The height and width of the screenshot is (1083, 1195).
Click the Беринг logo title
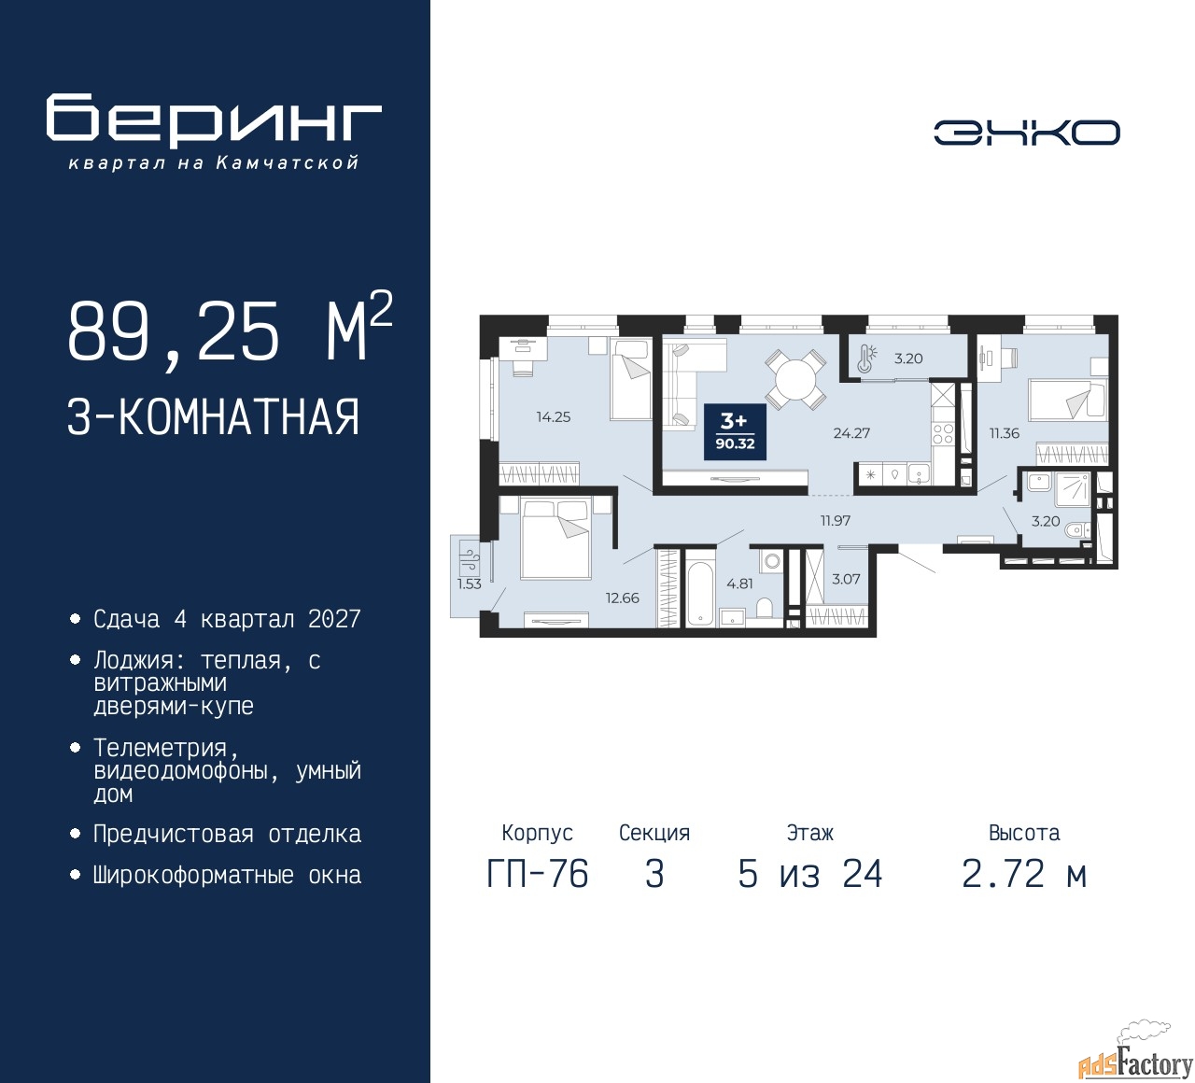click(213, 120)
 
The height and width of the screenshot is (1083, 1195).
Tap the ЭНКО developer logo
click(1026, 133)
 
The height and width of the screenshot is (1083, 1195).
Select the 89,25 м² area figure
click(230, 330)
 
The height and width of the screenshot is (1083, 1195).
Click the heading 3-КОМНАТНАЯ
click(213, 417)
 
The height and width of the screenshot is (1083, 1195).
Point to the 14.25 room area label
click(554, 417)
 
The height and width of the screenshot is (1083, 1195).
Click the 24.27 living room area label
click(851, 433)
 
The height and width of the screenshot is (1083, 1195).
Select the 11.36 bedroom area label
click(1004, 433)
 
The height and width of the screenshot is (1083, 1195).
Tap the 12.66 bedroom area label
click(622, 598)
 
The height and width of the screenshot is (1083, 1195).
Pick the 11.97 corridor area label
click(836, 521)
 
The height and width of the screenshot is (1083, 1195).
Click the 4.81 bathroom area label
click(739, 584)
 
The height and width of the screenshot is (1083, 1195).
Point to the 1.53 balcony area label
click(470, 584)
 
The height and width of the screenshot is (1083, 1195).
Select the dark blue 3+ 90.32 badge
click(735, 432)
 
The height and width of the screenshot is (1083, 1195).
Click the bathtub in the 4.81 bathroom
click(700, 587)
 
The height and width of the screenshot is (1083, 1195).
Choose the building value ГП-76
click(538, 875)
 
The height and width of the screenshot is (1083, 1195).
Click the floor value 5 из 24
click(809, 875)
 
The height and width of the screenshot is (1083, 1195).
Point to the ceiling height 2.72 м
click(1024, 875)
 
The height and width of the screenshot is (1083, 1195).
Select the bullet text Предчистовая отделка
click(227, 834)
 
